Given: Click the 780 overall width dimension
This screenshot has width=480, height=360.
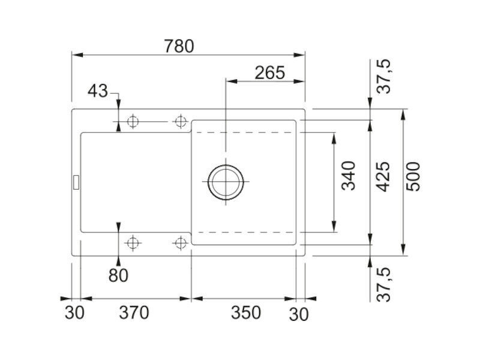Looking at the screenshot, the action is [179, 46].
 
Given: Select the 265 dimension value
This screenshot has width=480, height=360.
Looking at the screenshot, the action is [269, 73].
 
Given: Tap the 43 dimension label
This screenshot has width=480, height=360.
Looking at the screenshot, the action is [98, 91].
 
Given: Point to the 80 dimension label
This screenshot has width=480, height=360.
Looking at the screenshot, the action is [118, 275].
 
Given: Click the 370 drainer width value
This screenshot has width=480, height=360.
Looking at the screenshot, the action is [134, 313].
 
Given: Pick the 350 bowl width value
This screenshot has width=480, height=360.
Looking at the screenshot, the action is [246, 313].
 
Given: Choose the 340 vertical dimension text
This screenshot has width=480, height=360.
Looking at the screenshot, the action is [349, 176].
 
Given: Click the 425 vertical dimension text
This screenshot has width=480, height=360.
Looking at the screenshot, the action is [383, 176].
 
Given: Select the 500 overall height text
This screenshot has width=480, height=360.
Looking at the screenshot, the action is [413, 176].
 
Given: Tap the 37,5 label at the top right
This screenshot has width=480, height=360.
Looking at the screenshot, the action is [384, 76].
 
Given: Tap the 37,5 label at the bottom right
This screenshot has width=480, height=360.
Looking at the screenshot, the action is [384, 284].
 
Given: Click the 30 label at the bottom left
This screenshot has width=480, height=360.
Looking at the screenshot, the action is [74, 313].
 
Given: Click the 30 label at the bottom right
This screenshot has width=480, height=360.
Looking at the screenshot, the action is [299, 314].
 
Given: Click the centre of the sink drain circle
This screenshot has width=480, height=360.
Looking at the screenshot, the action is [226, 182].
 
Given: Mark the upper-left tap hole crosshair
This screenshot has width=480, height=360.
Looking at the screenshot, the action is [133, 122].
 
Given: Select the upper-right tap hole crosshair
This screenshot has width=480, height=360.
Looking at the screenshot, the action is [181, 122].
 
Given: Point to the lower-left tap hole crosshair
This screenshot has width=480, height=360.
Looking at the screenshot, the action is [133, 244].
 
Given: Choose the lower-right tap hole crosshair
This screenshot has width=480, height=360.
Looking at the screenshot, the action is [181, 244].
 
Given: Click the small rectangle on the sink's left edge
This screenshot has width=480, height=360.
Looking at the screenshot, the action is [76, 182].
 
